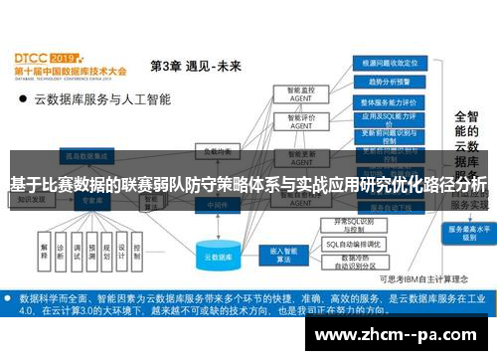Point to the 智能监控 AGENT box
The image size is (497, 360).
(x=293, y=94)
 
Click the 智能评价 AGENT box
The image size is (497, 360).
(x=293, y=122)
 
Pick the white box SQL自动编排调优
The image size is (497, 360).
(x=355, y=244)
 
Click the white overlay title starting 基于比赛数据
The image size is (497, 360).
(x=248, y=184)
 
